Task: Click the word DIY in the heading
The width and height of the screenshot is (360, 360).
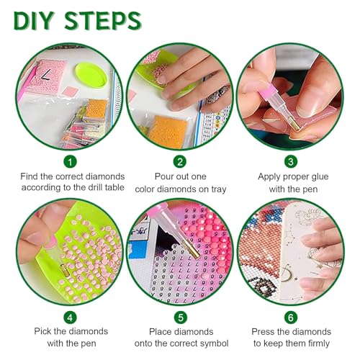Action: pos(33,21)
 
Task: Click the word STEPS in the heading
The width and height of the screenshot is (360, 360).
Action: pos(103,21)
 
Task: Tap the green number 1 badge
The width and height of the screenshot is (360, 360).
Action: pos(70,162)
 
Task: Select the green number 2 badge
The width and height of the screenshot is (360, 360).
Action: pos(180,161)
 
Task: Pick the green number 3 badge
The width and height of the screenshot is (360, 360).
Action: pos(291,161)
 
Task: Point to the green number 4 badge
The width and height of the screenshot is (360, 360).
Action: pos(70,318)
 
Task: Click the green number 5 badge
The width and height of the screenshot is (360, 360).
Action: pos(181,318)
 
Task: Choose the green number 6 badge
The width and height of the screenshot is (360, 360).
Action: pos(291,318)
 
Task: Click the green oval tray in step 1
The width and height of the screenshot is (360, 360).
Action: pos(91,75)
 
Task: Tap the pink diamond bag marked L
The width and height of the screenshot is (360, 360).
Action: pos(45,77)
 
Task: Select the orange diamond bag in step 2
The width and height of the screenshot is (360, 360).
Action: pos(168,132)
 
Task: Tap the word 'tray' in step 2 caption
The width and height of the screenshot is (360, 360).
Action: pos(219,189)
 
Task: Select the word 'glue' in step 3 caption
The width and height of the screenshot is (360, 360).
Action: pos(319,177)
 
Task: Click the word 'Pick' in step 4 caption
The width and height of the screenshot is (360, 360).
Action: pos(42,331)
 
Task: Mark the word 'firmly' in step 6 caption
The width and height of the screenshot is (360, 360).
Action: pos(318,343)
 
